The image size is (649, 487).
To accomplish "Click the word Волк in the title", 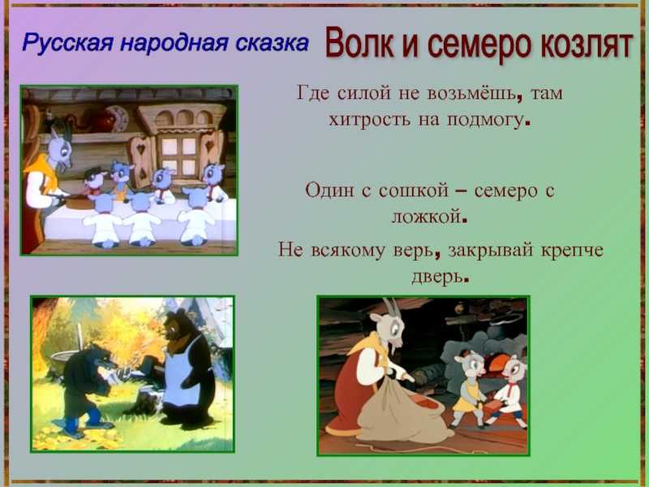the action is pos(359,43).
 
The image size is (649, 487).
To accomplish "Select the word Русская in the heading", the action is pos(67,43).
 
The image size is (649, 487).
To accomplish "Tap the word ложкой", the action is pos(427,217).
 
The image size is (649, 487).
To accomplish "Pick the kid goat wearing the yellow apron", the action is pos(467,388).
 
